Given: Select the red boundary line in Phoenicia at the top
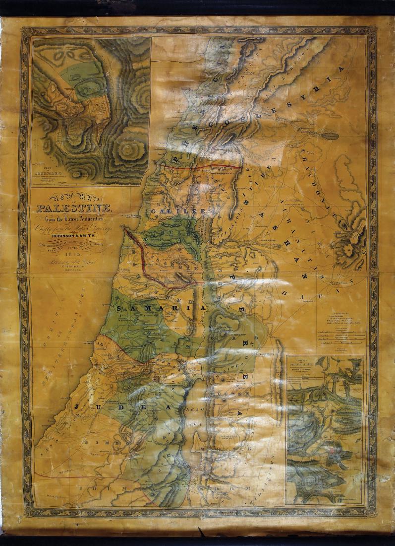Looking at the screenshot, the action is [x=203, y=168].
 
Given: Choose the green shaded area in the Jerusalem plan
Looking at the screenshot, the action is [x=79, y=74].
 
